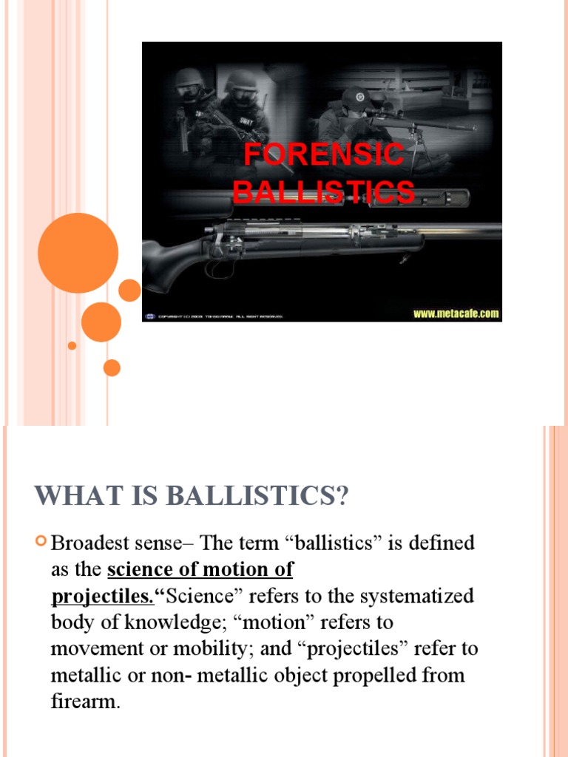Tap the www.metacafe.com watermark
(x=456, y=313)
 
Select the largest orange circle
(x=78, y=253)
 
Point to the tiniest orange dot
(x=72, y=345)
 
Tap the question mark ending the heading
(x=341, y=496)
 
